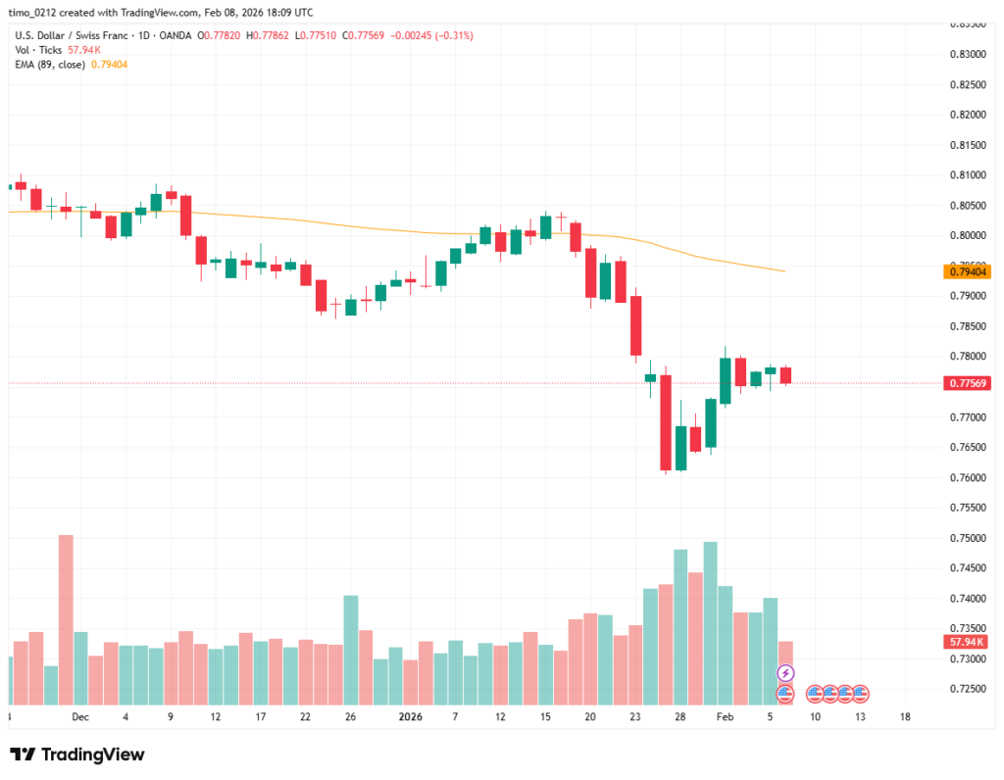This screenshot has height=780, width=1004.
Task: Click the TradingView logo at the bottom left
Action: tap(77, 755)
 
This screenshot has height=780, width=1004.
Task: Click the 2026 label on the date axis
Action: tap(410, 716)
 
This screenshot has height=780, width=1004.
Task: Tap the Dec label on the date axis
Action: tap(80, 716)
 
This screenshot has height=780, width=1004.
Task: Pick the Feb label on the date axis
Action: tap(725, 716)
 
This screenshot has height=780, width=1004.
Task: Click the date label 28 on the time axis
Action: tap(679, 716)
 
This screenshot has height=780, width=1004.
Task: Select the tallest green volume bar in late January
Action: tap(710, 623)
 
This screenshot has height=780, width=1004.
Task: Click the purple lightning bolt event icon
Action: tap(785, 673)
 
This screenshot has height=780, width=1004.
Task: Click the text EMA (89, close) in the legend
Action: tap(49, 64)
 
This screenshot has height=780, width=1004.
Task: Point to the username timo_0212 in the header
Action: tap(39, 13)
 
